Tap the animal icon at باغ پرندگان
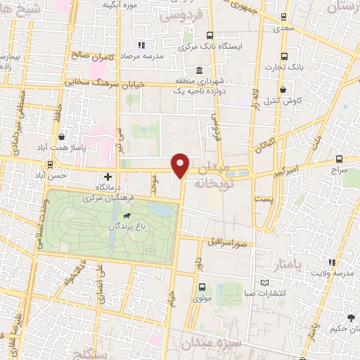coord(126,215)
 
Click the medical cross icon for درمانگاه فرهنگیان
coord(107,177)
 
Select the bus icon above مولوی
coord(202,287)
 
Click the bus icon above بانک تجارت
coord(283,56)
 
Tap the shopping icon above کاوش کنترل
coord(283,90)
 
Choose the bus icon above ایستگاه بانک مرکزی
coord(209,35)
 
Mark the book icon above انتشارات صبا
coord(264,283)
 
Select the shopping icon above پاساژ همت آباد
coord(63,137)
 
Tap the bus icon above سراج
coord(340,159)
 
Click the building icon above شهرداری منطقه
coord(200,71)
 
